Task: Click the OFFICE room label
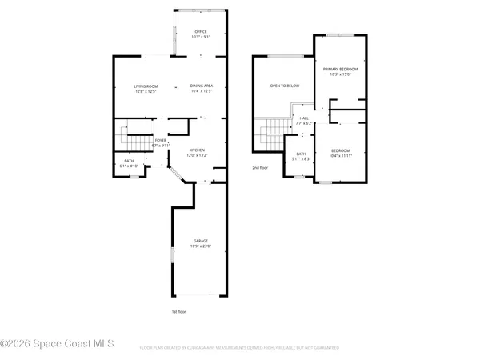click(200, 32)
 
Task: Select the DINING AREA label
click(201, 86)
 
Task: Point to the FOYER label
click(161, 140)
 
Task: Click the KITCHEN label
click(198, 150)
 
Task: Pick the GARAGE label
click(200, 241)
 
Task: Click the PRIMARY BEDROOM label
click(340, 70)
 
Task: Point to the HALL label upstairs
click(304, 118)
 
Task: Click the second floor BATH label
click(301, 154)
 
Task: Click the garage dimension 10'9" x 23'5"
click(200, 246)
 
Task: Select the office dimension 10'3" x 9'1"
click(200, 38)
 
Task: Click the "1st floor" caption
click(180, 311)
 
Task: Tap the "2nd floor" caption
click(261, 168)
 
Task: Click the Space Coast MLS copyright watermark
click(58, 344)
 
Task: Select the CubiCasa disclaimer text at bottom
click(239, 348)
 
